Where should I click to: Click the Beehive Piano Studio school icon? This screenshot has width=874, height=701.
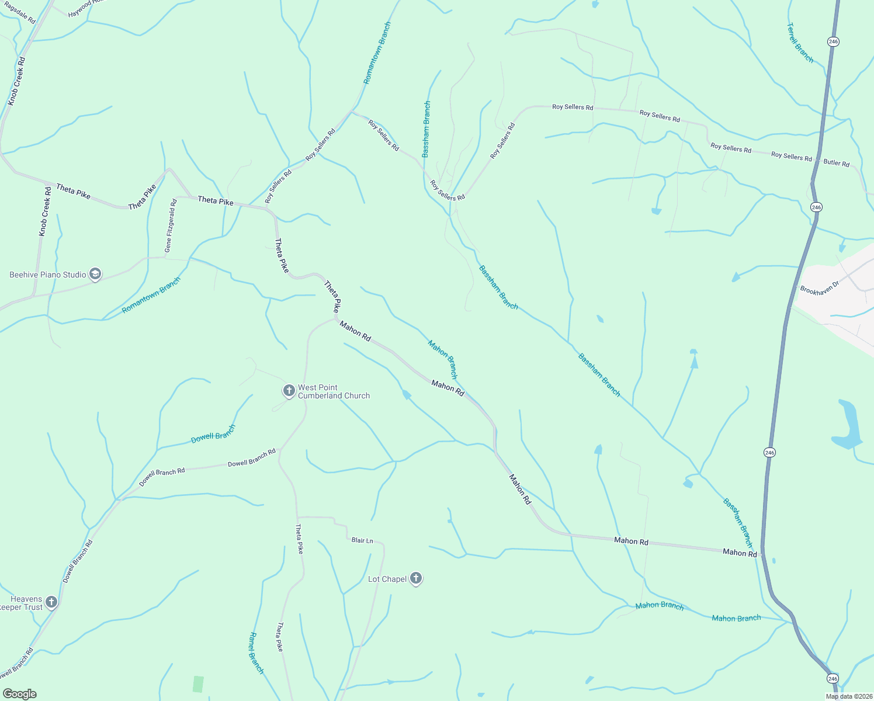(95, 274)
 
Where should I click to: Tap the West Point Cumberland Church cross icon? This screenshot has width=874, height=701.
(289, 391)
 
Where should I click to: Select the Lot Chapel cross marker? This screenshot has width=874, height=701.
(415, 578)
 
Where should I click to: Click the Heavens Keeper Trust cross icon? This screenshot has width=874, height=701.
(51, 602)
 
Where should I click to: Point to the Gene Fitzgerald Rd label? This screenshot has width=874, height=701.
(170, 226)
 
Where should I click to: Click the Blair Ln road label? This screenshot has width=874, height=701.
(362, 540)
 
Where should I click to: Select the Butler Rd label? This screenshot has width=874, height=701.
(836, 163)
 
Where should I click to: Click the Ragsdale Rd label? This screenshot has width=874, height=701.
(19, 12)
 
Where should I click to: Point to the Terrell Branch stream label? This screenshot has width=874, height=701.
(800, 43)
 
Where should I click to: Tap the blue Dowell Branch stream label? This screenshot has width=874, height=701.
(213, 434)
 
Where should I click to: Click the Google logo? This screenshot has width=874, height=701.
(20, 694)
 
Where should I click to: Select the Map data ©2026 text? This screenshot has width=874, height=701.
(847, 696)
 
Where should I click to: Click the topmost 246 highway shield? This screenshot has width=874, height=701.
(833, 41)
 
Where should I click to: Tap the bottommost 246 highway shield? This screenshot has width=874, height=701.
(833, 678)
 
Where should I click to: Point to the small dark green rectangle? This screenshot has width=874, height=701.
(199, 684)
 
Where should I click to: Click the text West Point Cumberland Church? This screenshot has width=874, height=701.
(334, 391)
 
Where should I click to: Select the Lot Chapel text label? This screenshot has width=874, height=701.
(387, 579)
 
